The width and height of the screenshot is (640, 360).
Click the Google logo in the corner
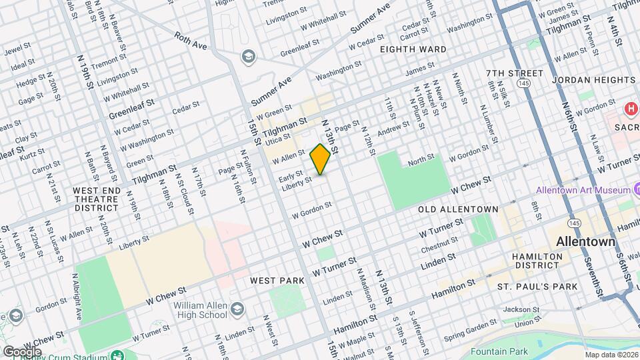[22, 351]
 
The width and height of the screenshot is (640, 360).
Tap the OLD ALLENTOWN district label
[458, 209]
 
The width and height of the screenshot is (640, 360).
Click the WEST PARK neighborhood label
[277, 281]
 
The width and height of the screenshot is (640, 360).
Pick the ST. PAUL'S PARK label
[537, 286]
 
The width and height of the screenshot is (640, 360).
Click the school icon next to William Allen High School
[237, 309]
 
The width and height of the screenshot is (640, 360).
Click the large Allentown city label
[586, 241]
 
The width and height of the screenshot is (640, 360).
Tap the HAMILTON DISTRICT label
[535, 261]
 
